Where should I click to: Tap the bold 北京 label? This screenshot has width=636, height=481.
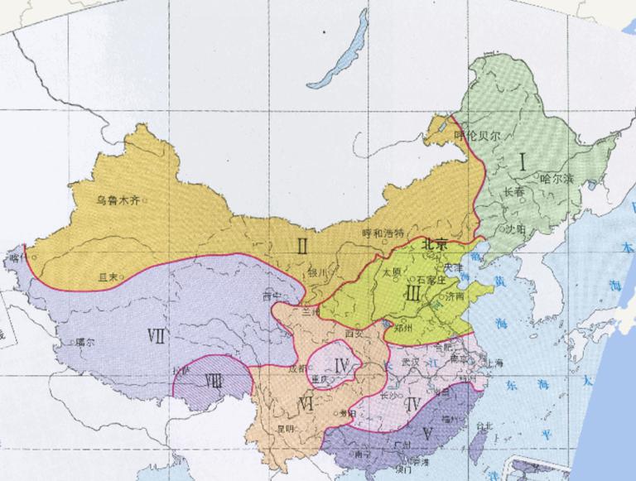pyautogui.click(x=434, y=244)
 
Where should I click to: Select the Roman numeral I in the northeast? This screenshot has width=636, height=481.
pyautogui.click(x=523, y=162)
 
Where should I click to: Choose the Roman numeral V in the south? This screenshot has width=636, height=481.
pyautogui.click(x=427, y=431)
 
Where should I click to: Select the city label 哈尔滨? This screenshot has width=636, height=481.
pyautogui.click(x=556, y=178)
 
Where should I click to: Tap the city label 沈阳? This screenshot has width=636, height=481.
pyautogui.click(x=515, y=228)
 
